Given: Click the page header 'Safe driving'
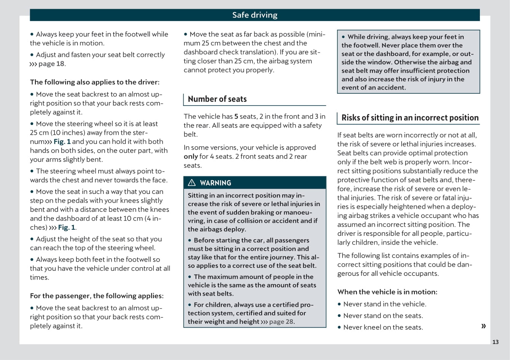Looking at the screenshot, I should tap(255, 15).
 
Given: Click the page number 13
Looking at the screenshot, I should tap(495, 342).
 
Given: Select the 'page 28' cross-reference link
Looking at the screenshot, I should tap(281, 322).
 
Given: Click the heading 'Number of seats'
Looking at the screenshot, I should tap(217, 99).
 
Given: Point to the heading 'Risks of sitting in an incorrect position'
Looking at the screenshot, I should tap(410, 118).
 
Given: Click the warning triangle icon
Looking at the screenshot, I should tap(192, 183).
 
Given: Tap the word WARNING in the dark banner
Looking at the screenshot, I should tap(216, 183).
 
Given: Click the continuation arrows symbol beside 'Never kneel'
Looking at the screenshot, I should tap(483, 326).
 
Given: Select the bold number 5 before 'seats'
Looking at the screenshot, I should tap(236, 117).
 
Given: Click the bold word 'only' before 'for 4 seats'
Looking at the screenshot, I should tap(191, 157).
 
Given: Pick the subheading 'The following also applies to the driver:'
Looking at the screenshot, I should tap(95, 82).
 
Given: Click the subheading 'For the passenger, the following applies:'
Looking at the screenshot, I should tap(97, 296).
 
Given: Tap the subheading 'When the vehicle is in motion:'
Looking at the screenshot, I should tap(387, 292).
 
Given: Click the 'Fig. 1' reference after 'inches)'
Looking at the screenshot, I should tap(67, 227).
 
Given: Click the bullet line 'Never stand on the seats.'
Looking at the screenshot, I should tap(383, 315).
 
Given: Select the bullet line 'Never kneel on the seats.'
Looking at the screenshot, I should tap(383, 327).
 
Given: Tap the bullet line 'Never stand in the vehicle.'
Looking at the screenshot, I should tap(385, 304).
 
